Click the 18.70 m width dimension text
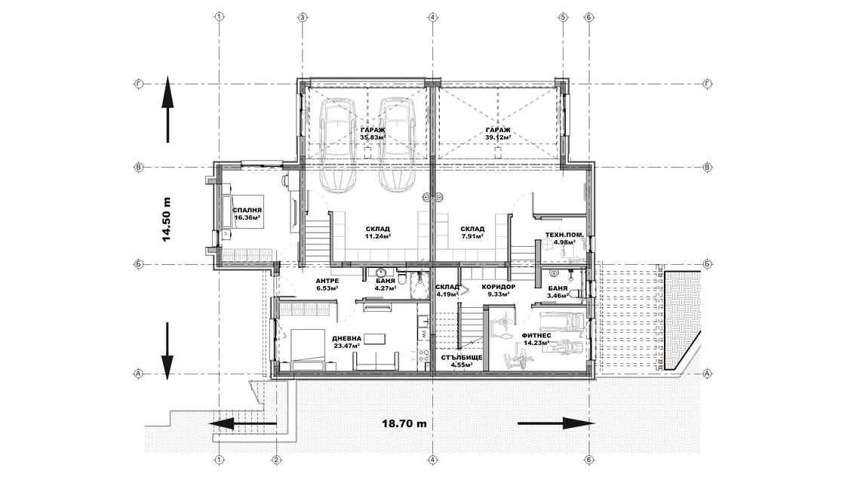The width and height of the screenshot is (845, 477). click(404, 423)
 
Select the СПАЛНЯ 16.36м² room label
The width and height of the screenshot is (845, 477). click(247, 214)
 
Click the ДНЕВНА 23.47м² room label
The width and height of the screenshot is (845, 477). click(346, 342)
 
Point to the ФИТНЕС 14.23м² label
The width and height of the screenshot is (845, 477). click(536, 338)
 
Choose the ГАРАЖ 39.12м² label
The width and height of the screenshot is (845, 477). click(498, 134)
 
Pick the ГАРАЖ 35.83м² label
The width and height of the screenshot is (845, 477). click(373, 134)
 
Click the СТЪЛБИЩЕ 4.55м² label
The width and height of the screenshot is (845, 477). click(462, 361)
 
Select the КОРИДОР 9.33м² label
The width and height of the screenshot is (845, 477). click(499, 291)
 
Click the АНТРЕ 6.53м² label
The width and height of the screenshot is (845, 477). click(327, 285)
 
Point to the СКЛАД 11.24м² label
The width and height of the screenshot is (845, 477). click(378, 232)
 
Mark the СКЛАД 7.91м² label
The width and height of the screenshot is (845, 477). click(472, 232)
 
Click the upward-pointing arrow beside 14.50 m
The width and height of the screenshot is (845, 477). click(167, 109)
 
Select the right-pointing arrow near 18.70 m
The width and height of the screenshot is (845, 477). click(556, 423)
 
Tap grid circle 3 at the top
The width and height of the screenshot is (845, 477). click(303, 17)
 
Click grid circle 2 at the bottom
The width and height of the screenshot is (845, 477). click(276, 460)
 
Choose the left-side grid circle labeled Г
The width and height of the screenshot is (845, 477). click(139, 84)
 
